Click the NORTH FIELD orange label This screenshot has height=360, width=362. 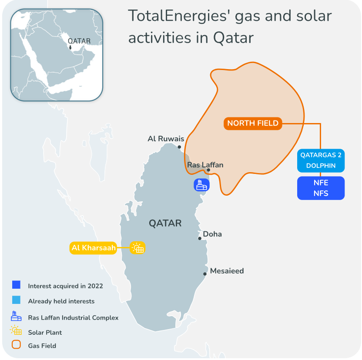tap(253, 123)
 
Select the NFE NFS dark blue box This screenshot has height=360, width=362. tap(321, 188)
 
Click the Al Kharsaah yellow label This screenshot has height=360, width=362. tap(93, 248)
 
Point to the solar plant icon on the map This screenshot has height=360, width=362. tap(138, 248)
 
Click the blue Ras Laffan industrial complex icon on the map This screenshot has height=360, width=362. tap(201, 185)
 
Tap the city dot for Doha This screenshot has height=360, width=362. tap(200, 238)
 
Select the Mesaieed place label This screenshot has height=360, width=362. tap(227, 271)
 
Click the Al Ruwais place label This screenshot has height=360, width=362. tap(166, 139)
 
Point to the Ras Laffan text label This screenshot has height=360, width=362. tap(205, 165)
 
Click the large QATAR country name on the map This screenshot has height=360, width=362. tap(165, 223)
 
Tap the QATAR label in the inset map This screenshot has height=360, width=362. tap(79, 41)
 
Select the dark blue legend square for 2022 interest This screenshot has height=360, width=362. tap(17, 285)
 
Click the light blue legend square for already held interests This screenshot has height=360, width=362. tap(17, 300)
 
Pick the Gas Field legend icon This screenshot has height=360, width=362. tap(17, 345)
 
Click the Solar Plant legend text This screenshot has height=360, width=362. tap(45, 333)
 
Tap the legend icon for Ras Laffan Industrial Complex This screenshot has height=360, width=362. tap(17, 316)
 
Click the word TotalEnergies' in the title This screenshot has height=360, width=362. tap(179, 17)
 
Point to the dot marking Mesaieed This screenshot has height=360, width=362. tap(204, 274)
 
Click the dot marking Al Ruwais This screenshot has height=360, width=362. tap(179, 147)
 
